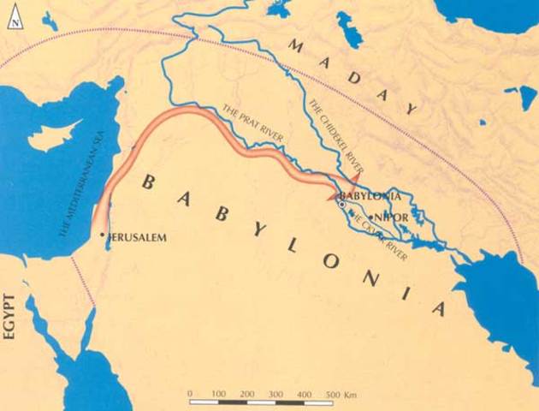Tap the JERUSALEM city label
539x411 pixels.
[x=136, y=235]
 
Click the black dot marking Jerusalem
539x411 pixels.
[x=103, y=234]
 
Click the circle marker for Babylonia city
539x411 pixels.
[x=341, y=204]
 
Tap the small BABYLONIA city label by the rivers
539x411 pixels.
[x=371, y=196]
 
